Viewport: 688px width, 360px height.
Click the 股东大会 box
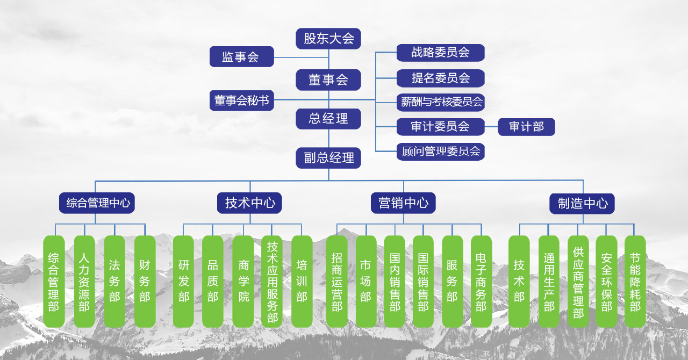[x=328, y=39]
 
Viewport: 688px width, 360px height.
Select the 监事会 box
[x=241, y=56]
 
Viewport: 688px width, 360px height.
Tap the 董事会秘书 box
[x=241, y=100]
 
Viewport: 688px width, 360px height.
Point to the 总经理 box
[x=328, y=119]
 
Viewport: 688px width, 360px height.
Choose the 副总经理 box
[x=328, y=158]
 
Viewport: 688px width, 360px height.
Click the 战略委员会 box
[x=440, y=53]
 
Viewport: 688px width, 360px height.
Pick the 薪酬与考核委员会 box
[x=440, y=102]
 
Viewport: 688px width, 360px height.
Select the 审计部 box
[x=526, y=127]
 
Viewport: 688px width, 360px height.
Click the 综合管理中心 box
[x=97, y=203]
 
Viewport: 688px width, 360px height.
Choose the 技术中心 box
[x=250, y=203]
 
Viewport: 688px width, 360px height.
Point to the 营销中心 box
[x=403, y=203]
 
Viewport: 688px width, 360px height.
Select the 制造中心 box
[x=582, y=204]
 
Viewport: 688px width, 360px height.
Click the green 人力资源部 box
[x=84, y=281]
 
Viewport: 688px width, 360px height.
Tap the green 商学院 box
[x=243, y=281]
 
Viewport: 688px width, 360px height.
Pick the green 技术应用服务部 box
[x=272, y=281]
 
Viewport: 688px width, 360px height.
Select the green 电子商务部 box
[x=481, y=281]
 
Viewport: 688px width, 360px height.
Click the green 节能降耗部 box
[x=635, y=281]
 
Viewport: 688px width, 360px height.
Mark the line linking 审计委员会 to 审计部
[x=491, y=127]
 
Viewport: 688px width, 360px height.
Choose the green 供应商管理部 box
[x=578, y=281]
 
